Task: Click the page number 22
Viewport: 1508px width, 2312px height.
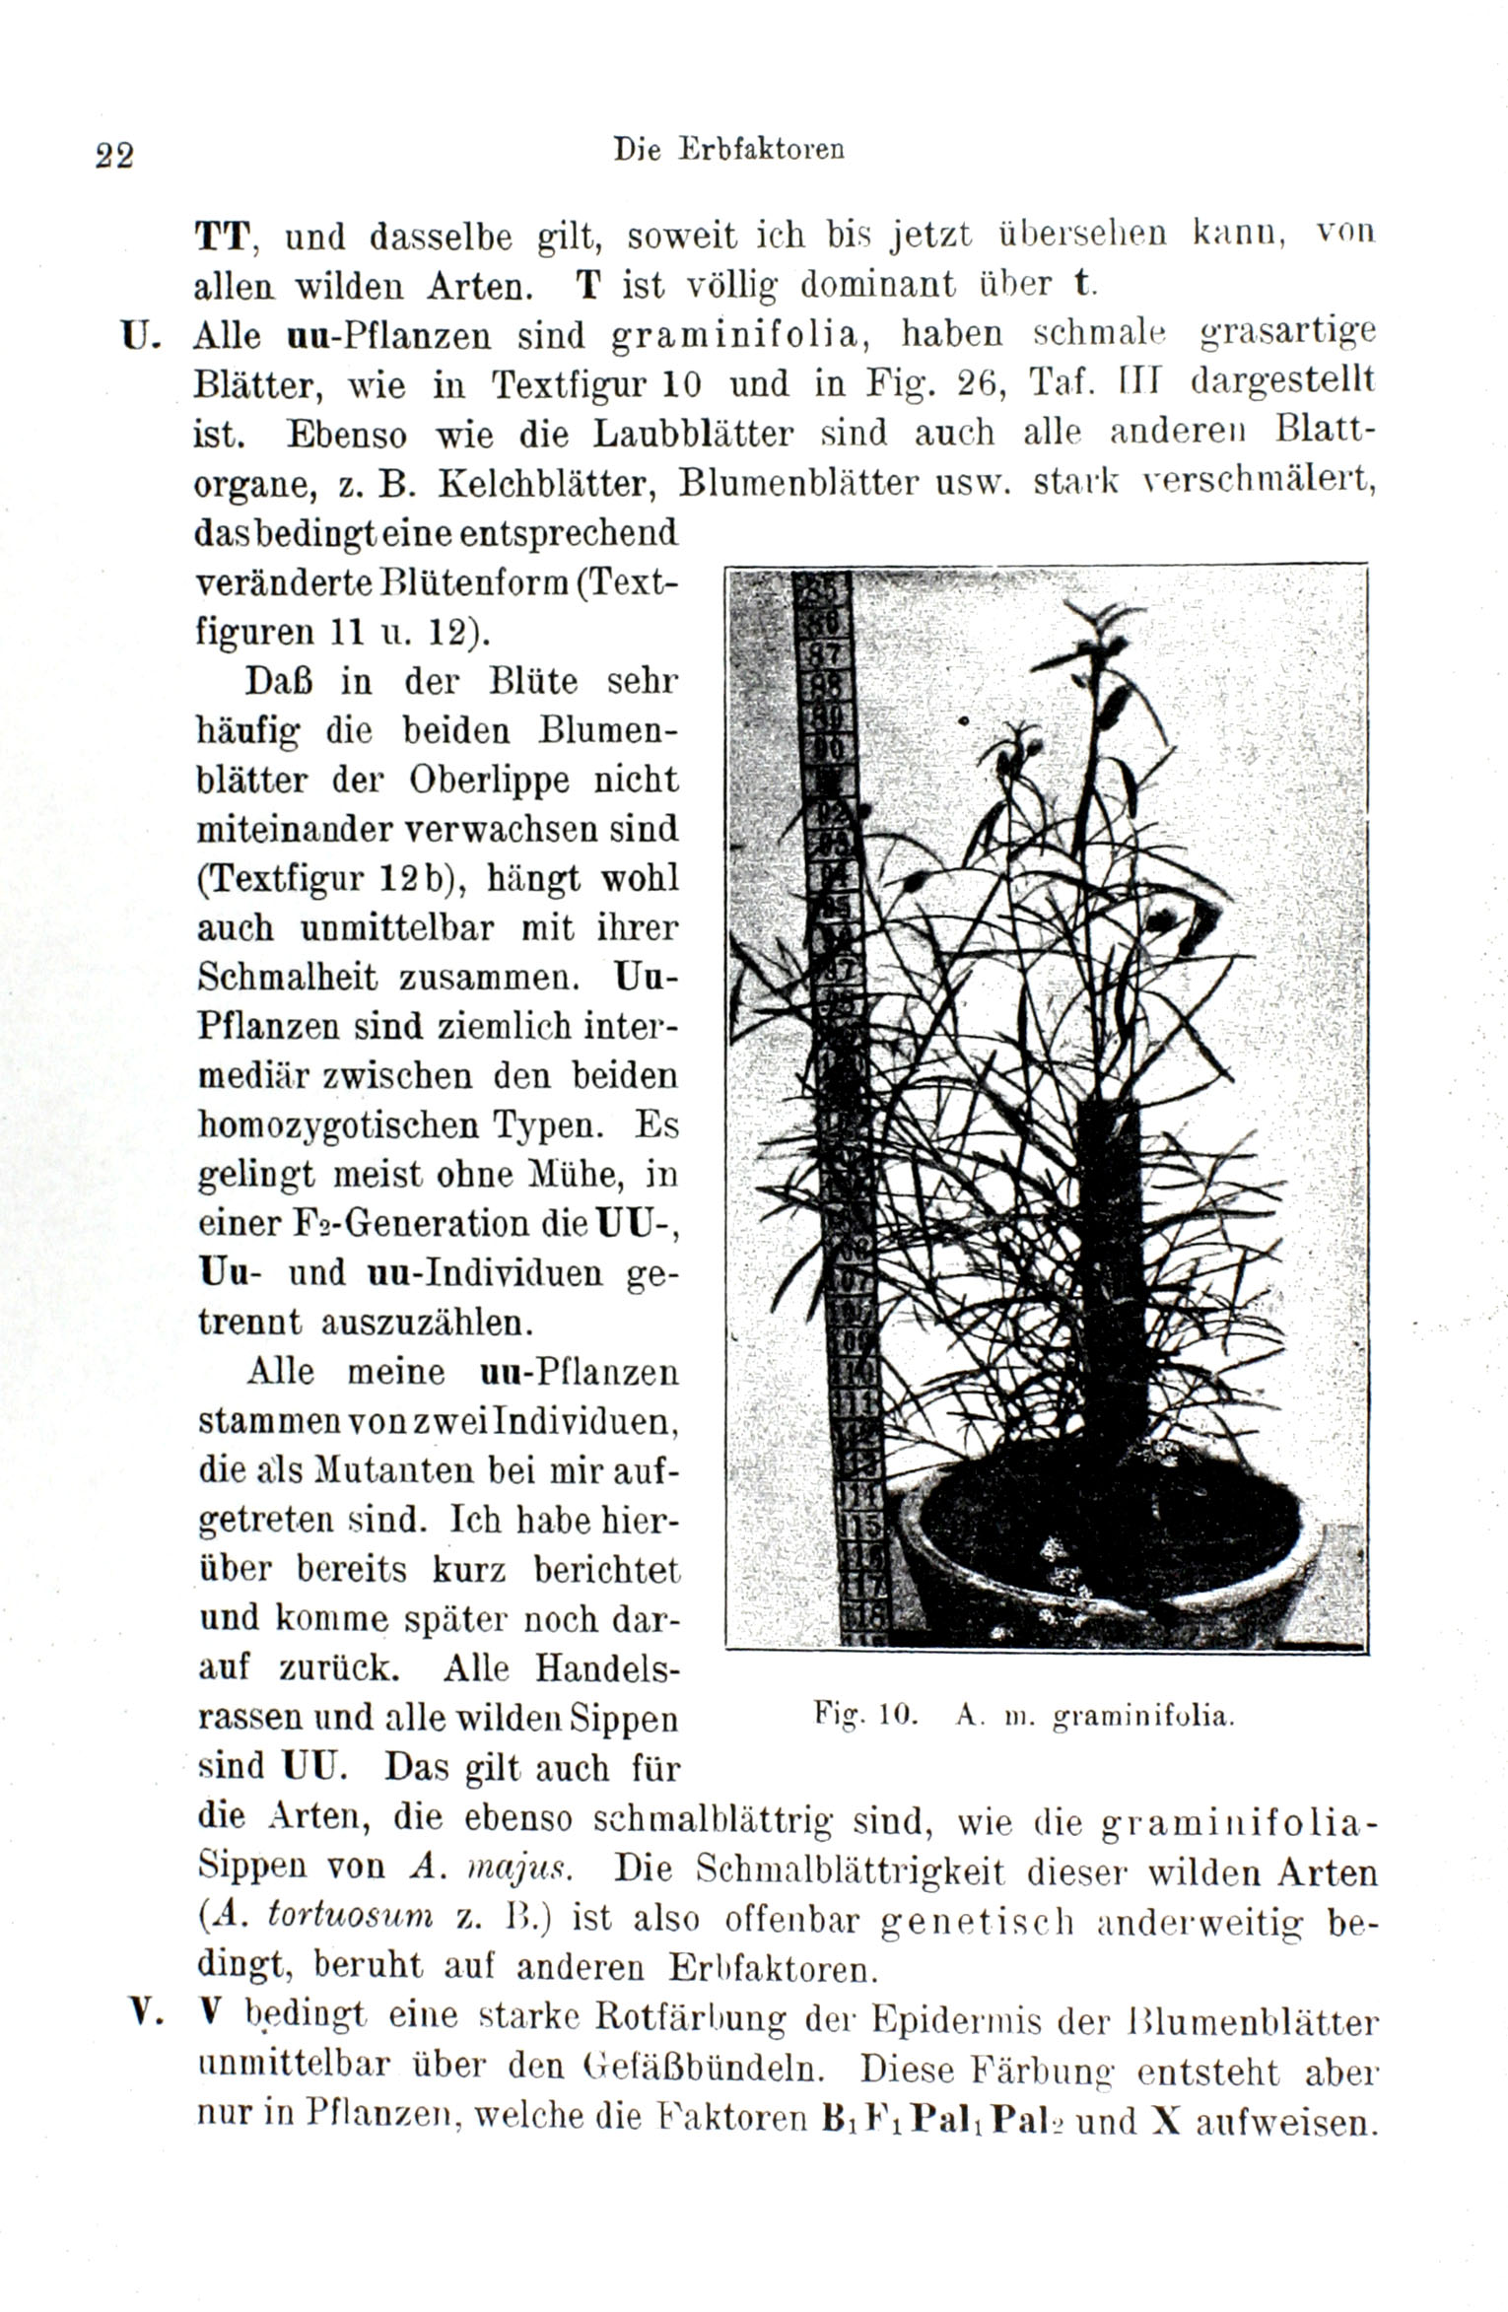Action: pos(114,155)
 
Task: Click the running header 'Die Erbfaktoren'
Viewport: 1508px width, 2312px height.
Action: pos(728,149)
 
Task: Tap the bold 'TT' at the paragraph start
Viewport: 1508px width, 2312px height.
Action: pos(225,238)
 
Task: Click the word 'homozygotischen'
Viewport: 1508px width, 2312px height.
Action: pos(353,1124)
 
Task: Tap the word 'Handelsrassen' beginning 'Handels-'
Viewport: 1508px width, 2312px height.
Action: pos(607,1667)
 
